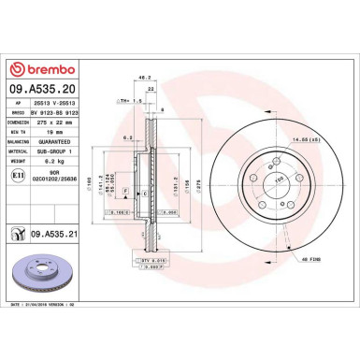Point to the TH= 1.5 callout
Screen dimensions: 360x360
(123, 99)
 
